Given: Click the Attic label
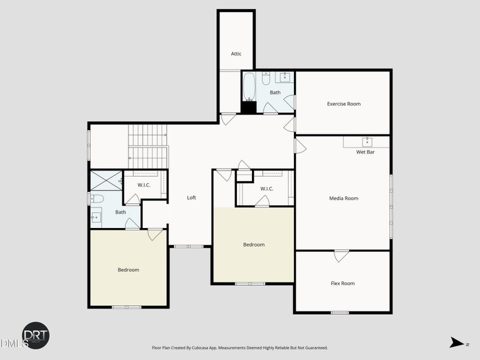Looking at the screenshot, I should [x=236, y=54].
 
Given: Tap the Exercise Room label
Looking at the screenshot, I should [x=344, y=104].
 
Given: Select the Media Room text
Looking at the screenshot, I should [x=343, y=198].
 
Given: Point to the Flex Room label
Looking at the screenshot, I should [x=343, y=283].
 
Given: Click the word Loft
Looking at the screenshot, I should [x=191, y=197].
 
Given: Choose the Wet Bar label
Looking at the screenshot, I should [x=365, y=152].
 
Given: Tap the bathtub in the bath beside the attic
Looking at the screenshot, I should [x=249, y=87].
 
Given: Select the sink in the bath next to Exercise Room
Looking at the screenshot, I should [x=284, y=77].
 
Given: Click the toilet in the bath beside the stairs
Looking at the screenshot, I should [x=97, y=198].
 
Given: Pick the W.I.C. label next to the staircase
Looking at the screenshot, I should [x=144, y=185].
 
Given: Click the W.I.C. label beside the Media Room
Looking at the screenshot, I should [x=267, y=189].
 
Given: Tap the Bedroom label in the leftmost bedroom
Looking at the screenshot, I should [x=128, y=270].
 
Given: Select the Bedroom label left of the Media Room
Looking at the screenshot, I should [x=253, y=245].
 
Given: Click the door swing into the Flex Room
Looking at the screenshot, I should [x=341, y=256].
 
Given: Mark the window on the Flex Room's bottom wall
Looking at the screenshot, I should [x=340, y=312].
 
